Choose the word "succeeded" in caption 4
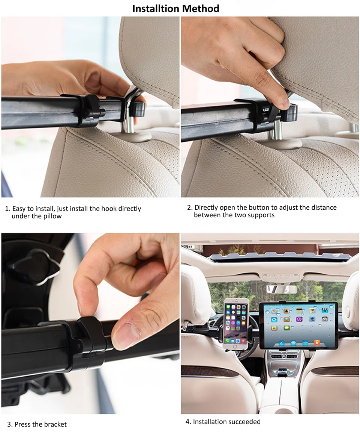pos(246,422)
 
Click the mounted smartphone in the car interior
pos(236,324)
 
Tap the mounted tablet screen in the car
pos(298,325)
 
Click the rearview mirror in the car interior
pos(282,289)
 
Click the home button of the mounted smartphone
pos(235,347)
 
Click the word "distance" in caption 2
pos(324,207)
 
